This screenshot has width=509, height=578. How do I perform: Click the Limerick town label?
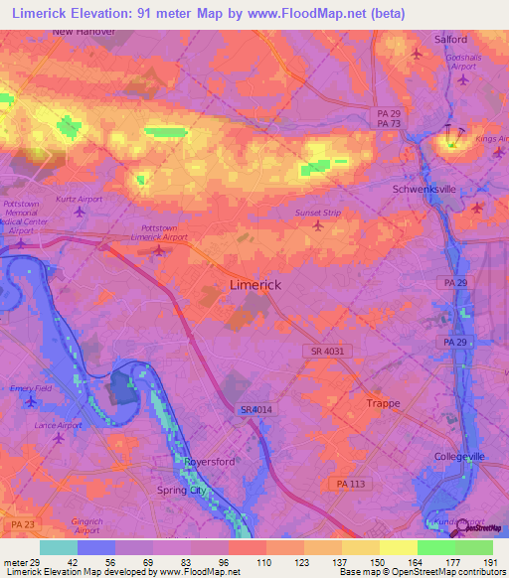point(254,285)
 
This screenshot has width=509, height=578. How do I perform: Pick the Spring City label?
point(186,491)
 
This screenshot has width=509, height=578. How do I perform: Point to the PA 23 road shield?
point(20,522)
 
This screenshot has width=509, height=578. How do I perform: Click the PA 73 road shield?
point(389,124)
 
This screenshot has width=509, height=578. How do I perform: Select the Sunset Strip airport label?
point(318,213)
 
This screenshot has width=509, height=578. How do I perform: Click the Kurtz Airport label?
point(80,200)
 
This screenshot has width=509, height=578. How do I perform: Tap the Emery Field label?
point(30,388)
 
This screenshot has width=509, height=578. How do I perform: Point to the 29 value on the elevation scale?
point(38,564)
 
